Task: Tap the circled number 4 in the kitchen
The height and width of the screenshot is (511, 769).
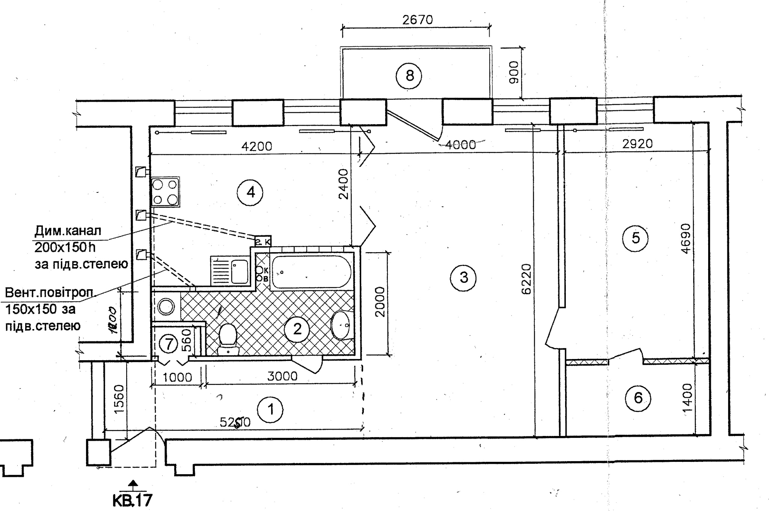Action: point(250,193)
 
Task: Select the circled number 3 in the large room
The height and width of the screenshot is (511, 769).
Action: point(463,278)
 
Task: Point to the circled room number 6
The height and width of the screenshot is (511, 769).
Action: point(638,398)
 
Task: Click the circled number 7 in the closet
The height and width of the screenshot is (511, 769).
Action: point(168,344)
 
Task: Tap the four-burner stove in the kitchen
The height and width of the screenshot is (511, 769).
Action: point(165,192)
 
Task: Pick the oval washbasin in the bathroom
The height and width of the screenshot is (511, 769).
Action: point(341,325)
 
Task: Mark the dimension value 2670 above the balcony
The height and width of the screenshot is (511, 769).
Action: point(418,20)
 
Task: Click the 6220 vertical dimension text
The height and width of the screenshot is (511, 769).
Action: point(527,279)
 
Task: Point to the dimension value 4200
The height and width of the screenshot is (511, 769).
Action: point(257,146)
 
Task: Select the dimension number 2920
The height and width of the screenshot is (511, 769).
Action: point(638,144)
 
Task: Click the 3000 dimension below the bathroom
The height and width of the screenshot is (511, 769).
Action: point(282,376)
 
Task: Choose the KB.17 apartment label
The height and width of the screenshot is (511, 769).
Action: point(132,501)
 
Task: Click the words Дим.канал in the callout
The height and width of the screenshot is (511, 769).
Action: point(68,230)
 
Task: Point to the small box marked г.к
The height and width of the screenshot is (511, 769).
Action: point(263,242)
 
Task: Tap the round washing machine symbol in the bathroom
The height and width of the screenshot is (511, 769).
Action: point(166,307)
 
